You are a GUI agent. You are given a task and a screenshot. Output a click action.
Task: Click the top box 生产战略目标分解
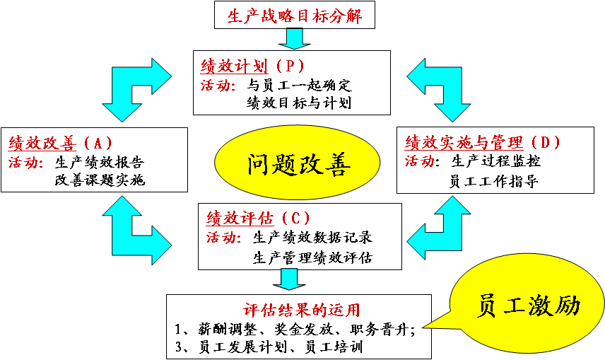(295, 15)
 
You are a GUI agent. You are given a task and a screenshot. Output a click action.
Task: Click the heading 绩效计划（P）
(252, 66)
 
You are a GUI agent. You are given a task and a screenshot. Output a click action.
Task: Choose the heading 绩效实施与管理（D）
(483, 142)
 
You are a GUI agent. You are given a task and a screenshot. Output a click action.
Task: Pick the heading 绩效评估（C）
(258, 217)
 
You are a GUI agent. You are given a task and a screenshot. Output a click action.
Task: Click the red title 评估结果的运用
(301, 309)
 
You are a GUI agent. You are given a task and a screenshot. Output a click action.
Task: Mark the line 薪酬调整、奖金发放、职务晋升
(294, 328)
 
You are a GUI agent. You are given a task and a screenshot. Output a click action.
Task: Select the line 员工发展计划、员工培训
(269, 347)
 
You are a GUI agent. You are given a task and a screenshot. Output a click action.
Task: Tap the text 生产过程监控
(496, 161)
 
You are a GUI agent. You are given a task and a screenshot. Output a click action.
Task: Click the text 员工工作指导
(494, 181)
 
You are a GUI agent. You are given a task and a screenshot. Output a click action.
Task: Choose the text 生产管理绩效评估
(312, 257)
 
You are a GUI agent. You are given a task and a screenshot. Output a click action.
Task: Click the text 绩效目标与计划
(298, 103)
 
